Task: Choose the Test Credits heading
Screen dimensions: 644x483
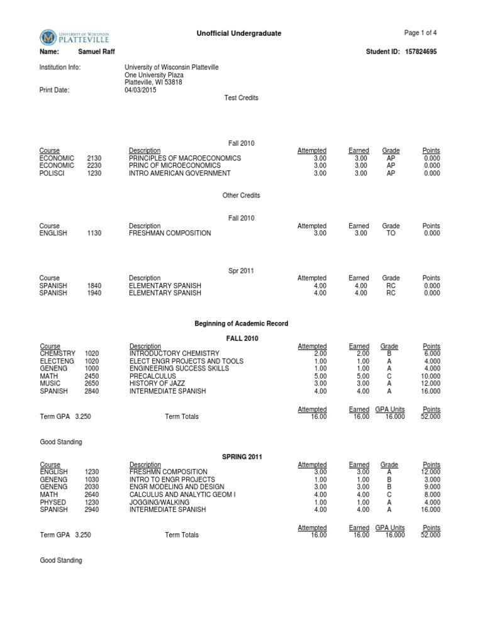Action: pos(241,97)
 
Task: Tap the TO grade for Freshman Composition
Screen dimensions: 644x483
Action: pos(391,233)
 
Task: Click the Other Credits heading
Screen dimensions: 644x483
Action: pos(241,196)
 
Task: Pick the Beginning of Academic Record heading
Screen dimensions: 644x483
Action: pos(241,323)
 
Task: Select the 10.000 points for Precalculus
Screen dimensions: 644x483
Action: pos(431,376)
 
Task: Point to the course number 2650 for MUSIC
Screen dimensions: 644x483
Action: pos(92,384)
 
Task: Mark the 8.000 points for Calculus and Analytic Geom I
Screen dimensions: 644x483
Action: pos(433,494)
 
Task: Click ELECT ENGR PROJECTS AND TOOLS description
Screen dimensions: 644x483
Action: pos(177,361)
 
